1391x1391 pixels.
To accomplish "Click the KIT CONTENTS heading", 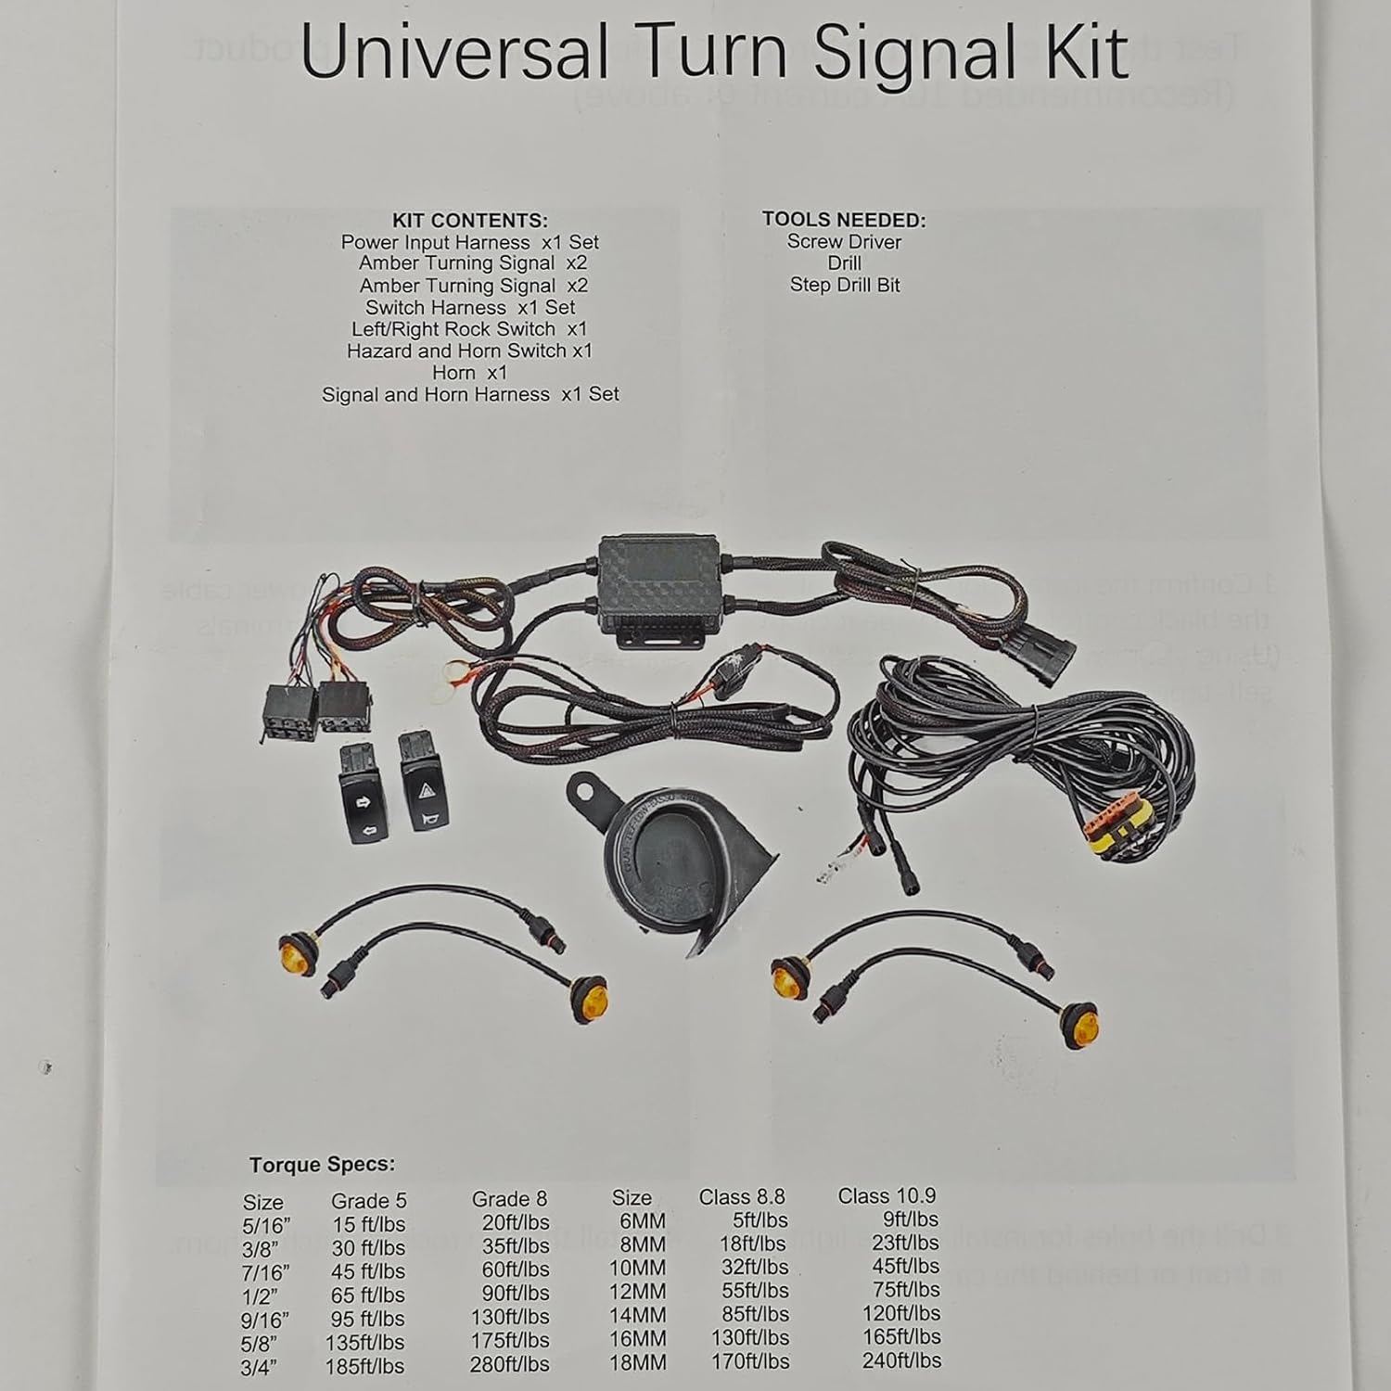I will coord(469,221).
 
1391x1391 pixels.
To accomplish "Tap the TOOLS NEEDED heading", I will coord(844,220).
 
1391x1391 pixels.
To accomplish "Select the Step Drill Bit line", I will coord(845,285).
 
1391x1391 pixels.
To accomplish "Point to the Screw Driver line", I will coord(844,241).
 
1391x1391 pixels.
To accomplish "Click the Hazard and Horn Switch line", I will coord(469,351).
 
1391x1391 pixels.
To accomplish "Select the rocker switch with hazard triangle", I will coord(423,784).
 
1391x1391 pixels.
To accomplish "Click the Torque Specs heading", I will coord(322,1165).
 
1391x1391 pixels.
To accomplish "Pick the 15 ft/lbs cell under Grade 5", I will coord(368,1224).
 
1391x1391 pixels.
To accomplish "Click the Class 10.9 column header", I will coord(887,1196).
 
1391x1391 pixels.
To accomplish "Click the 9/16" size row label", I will coord(265,1319).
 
